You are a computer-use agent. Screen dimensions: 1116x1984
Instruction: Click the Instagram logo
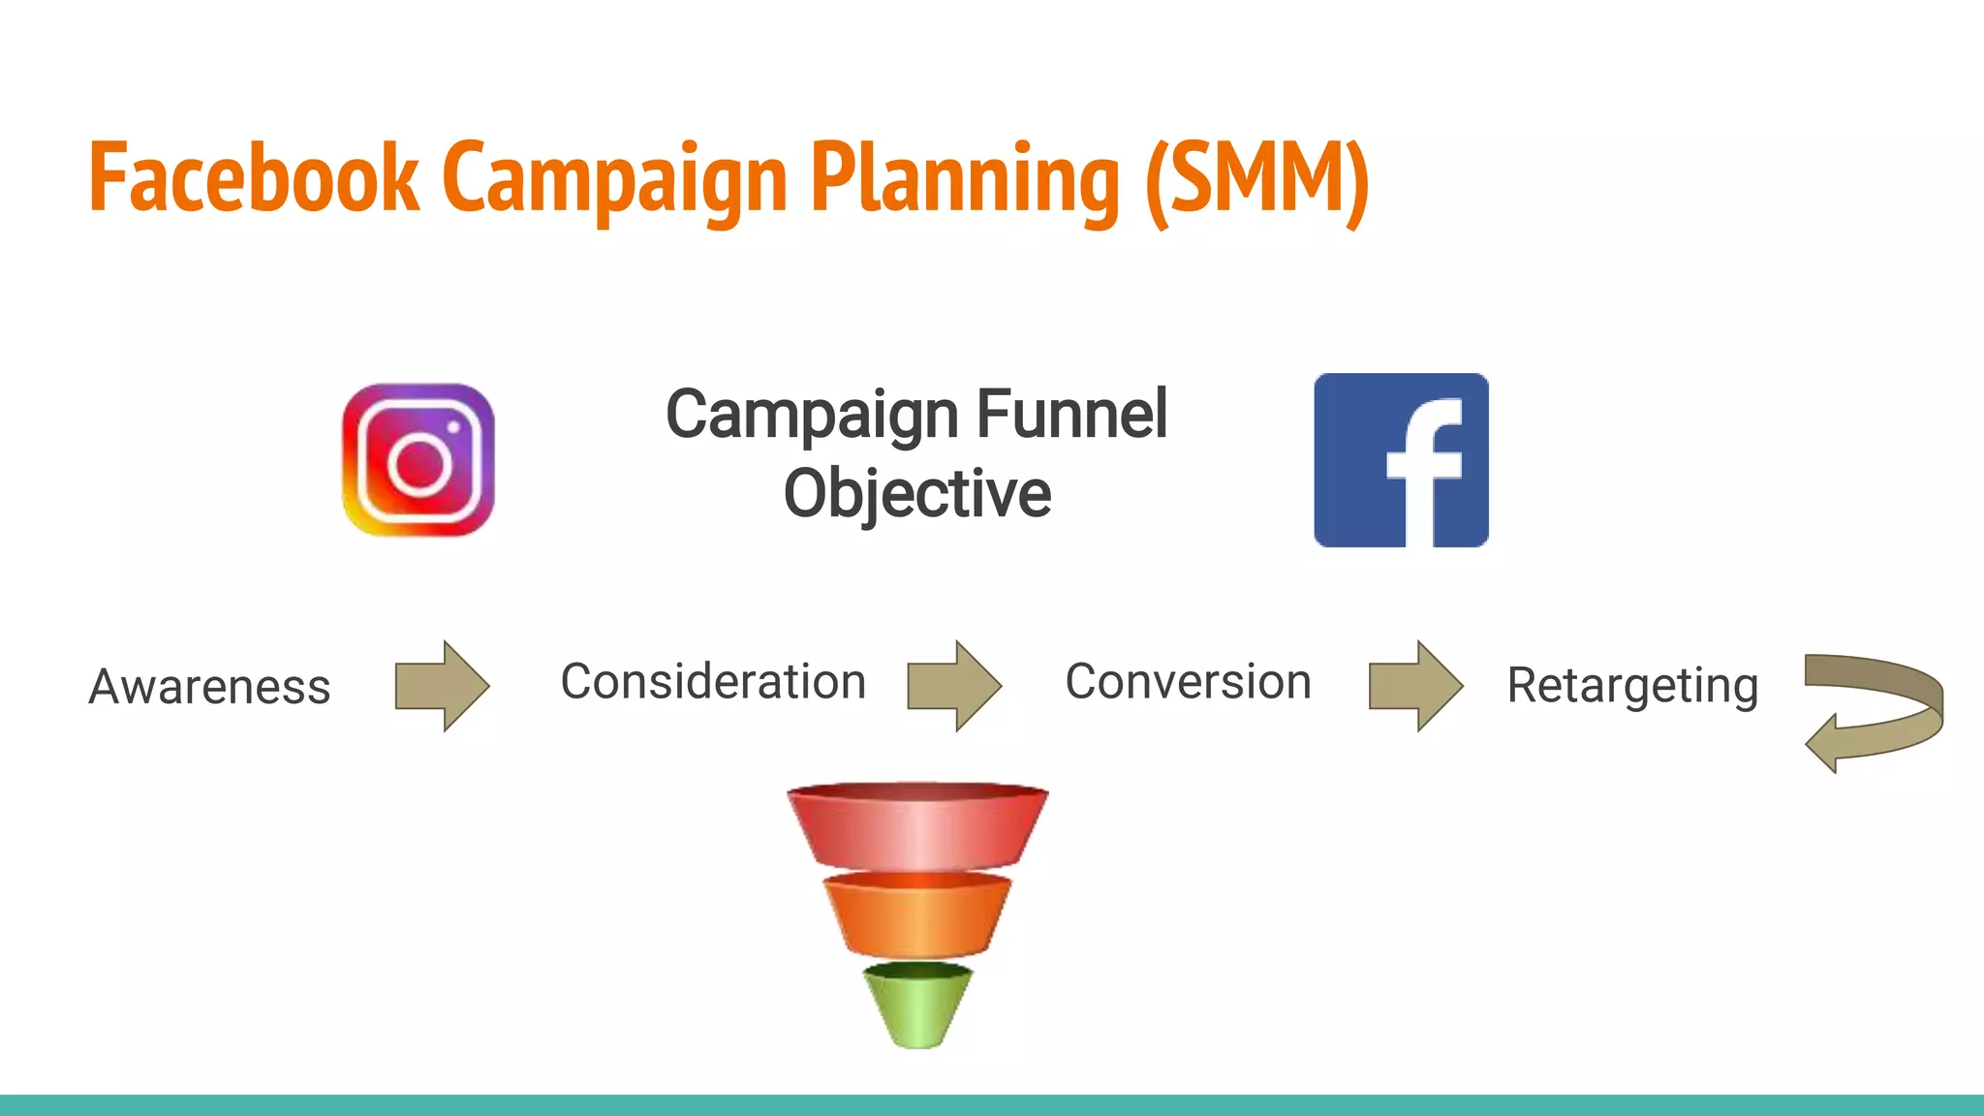[418, 460]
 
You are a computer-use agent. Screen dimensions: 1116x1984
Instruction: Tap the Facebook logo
[1401, 460]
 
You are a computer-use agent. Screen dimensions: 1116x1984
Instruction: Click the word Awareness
[209, 687]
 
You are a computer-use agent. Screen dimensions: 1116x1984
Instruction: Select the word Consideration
[713, 682]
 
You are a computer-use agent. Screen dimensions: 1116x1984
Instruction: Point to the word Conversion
[1188, 682]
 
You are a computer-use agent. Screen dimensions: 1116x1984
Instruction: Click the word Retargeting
[1632, 686]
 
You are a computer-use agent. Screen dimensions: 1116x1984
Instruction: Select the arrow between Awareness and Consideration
[442, 686]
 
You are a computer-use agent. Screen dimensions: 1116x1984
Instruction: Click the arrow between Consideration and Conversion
[953, 686]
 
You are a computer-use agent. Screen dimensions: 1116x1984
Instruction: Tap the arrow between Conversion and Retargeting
[1414, 686]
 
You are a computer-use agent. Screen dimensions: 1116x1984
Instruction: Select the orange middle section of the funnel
[916, 915]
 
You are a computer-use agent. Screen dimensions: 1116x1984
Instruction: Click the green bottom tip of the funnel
[916, 1007]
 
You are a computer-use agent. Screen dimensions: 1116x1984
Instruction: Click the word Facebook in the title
[254, 178]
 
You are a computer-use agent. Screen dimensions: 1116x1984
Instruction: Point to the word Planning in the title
[965, 178]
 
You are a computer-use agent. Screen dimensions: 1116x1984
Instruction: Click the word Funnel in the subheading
[1071, 415]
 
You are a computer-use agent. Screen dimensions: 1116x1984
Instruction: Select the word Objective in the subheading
[916, 494]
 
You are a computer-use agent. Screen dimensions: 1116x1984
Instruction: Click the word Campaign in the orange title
[614, 178]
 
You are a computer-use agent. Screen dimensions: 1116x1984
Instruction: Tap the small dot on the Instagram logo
[452, 426]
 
